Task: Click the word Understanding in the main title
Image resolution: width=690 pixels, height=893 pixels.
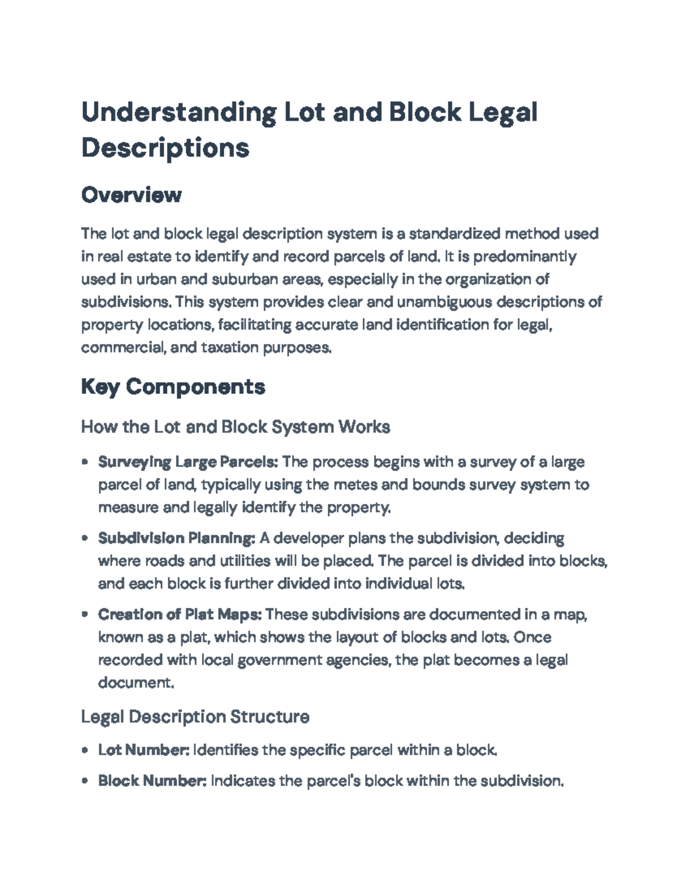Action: [x=179, y=113]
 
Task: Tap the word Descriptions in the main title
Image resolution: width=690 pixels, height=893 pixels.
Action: [x=166, y=148]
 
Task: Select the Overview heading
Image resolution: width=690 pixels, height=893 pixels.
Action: [x=131, y=195]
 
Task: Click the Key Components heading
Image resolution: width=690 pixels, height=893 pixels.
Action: [x=173, y=386]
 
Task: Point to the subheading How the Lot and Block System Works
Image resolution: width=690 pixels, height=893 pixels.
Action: [x=236, y=427]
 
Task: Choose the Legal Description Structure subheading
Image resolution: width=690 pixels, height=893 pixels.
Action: [x=195, y=716]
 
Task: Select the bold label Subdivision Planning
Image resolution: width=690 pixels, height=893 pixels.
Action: [x=177, y=538]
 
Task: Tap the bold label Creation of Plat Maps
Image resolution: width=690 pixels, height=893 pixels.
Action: [x=180, y=615]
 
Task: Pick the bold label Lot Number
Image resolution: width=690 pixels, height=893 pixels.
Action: [x=144, y=750]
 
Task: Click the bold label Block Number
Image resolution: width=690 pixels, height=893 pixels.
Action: [x=152, y=781]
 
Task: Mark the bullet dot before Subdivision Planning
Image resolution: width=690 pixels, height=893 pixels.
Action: [x=85, y=538]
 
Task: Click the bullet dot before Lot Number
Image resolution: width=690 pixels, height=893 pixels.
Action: [x=85, y=750]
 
